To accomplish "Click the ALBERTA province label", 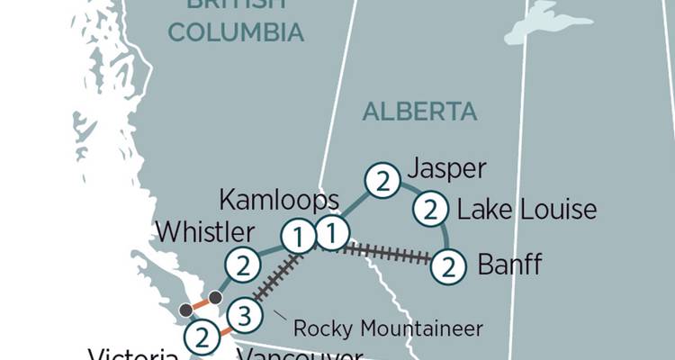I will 419,112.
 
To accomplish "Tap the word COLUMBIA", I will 236,33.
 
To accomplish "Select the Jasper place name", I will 446,169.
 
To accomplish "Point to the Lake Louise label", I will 526,210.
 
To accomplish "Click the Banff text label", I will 509,265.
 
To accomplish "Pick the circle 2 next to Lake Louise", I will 430,210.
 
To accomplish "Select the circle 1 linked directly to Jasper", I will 331,234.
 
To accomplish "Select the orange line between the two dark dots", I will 200,303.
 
